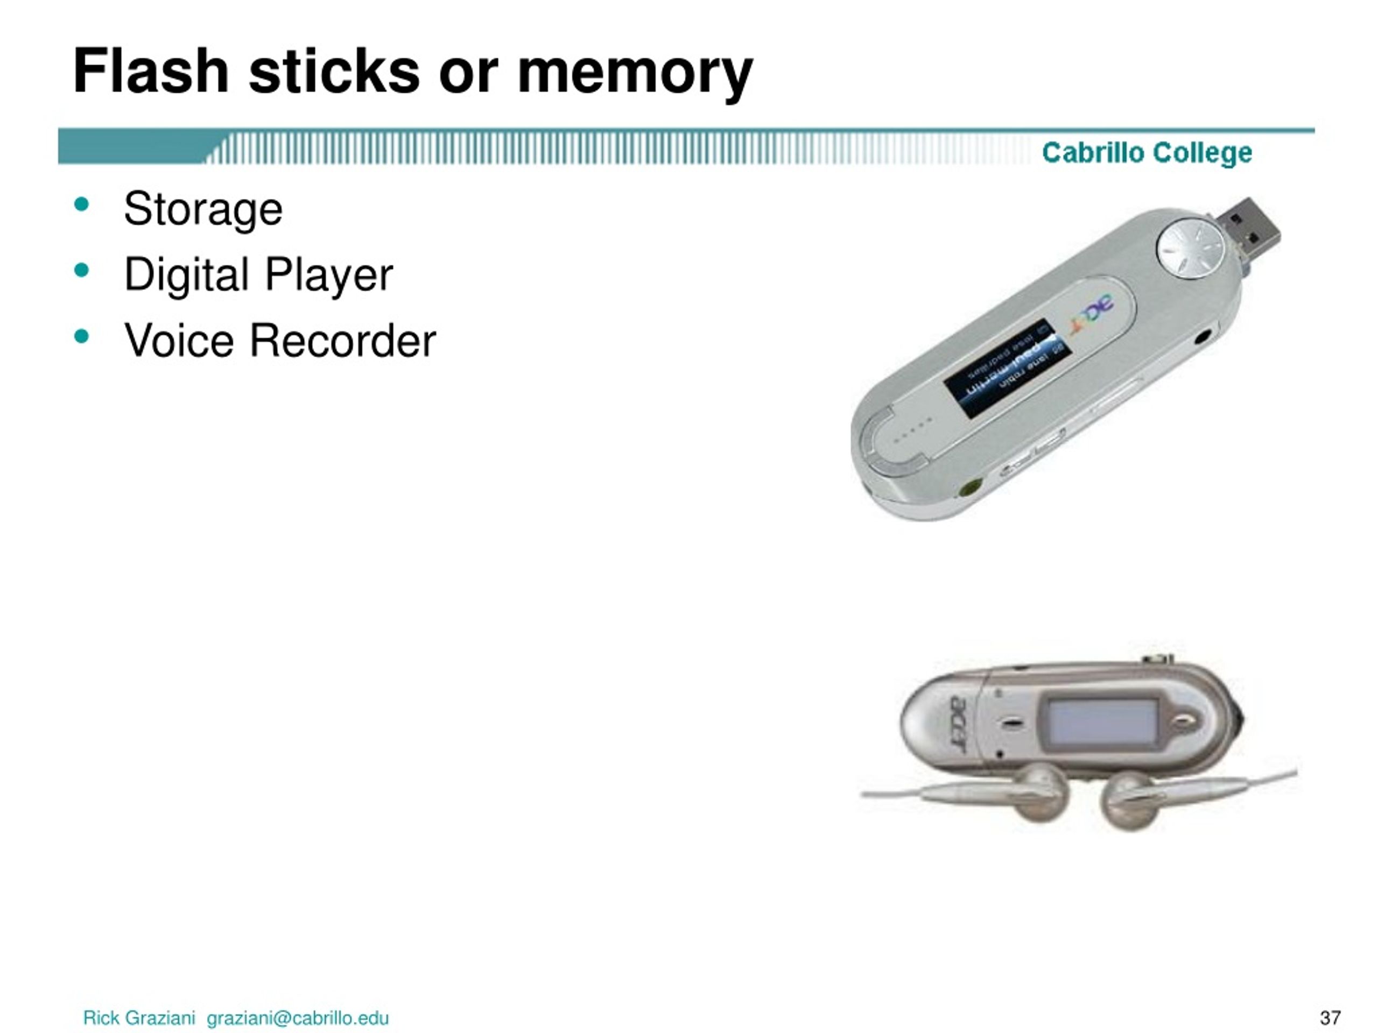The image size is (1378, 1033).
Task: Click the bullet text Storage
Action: tap(203, 210)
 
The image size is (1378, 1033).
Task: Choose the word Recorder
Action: tap(343, 341)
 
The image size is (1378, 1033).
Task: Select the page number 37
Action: tap(1330, 1018)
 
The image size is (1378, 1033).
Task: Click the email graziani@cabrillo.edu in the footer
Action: tap(298, 1018)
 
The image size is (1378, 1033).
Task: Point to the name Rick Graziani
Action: tap(139, 1018)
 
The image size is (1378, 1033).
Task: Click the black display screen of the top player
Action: tap(1007, 367)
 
